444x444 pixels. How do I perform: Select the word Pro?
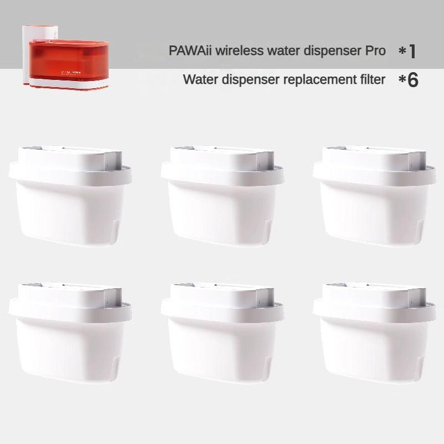click(375, 51)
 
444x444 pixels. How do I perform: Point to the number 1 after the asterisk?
click(412, 51)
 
